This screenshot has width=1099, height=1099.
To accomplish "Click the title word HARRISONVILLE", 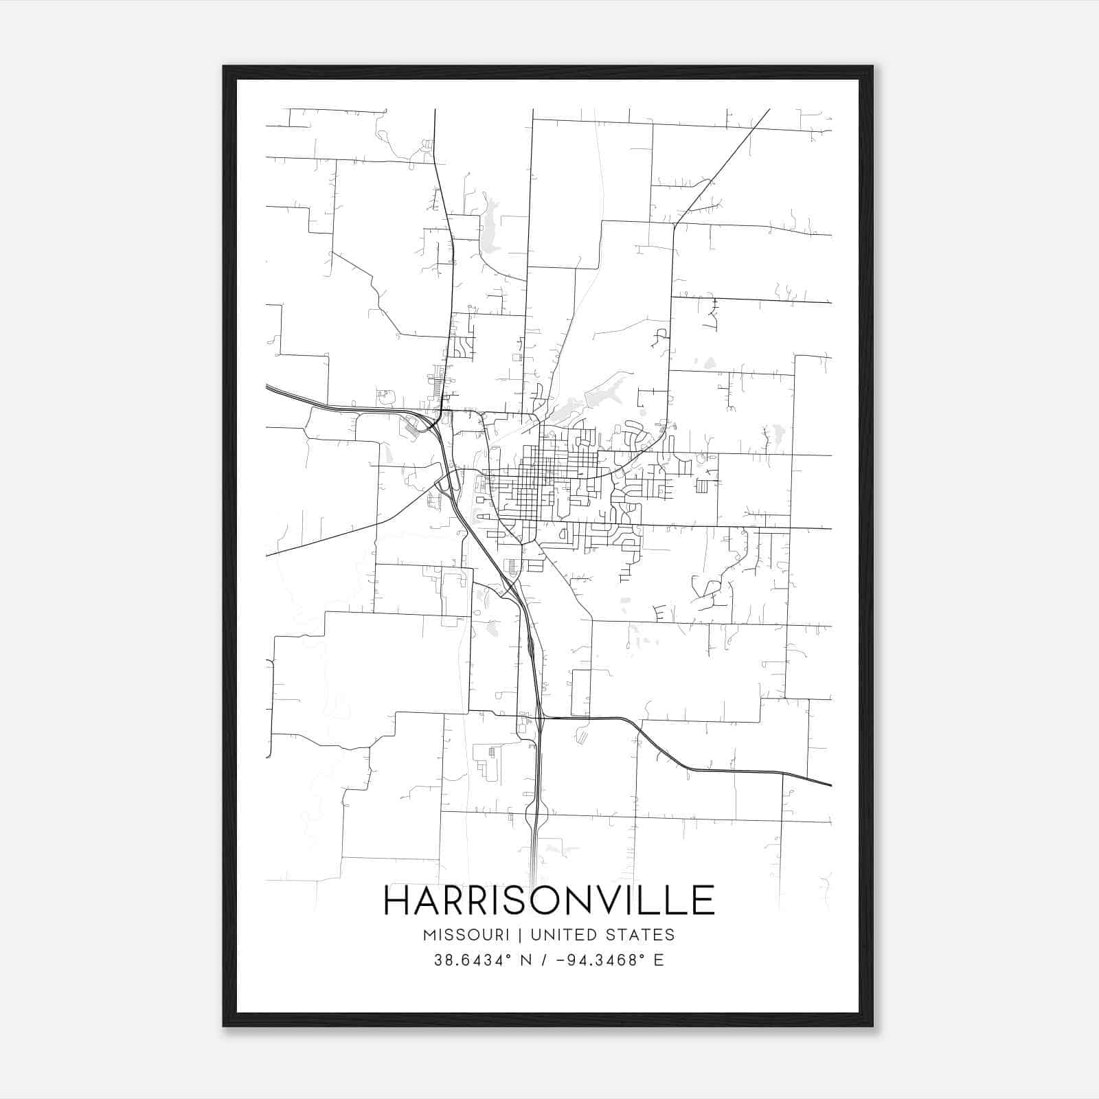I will [x=549, y=900].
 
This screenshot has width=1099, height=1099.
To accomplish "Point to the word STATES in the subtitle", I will [x=643, y=935].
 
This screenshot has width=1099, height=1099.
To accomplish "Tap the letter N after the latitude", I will [x=528, y=960].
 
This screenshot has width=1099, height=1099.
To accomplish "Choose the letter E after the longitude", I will [x=659, y=960].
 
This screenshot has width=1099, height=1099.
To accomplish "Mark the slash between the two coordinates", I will [x=545, y=960].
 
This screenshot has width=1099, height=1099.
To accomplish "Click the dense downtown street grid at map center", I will [x=543, y=474].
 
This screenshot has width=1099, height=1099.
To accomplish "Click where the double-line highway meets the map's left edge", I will [x=267, y=387].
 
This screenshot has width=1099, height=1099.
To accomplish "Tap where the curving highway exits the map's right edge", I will [x=830, y=784].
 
